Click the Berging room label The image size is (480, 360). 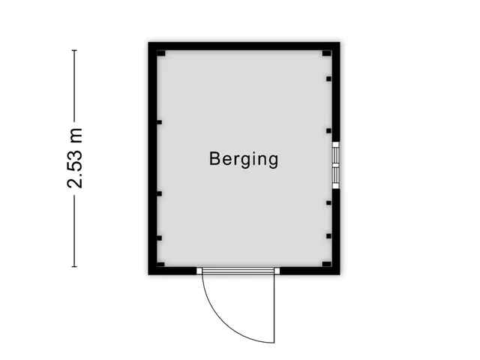(244, 160)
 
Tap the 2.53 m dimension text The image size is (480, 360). (75, 158)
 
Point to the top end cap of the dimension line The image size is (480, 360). (75, 50)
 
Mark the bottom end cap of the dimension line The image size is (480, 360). (75, 266)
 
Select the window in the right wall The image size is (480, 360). (336, 164)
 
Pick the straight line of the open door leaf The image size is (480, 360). (275, 305)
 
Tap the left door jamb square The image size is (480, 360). (199, 270)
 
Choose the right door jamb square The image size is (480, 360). (277, 270)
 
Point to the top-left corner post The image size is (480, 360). (160, 53)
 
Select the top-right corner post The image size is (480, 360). (326, 53)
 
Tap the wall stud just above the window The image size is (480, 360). (328, 130)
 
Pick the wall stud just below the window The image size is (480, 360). (328, 202)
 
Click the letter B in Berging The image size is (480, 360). (214, 159)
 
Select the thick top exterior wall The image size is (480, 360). (244, 46)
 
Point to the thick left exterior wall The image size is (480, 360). (151, 158)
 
